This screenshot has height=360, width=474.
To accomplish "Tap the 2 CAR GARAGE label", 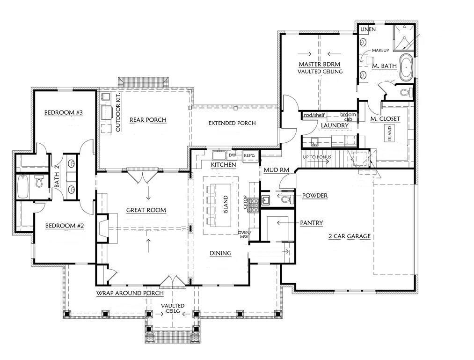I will point(349,236).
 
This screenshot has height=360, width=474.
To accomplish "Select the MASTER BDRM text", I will point(319,64).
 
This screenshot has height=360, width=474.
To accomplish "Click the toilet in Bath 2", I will point(39,182).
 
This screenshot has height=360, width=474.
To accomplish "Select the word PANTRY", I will point(312,223).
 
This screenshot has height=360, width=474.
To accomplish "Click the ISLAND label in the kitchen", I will point(226,204).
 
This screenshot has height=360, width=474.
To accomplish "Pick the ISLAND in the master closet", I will point(389,135).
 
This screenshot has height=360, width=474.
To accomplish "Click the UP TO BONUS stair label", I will point(317,157).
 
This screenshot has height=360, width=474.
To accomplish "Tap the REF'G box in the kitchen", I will point(248,155).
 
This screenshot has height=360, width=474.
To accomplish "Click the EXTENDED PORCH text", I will point(232,123).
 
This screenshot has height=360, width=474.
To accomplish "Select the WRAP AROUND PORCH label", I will point(130,293).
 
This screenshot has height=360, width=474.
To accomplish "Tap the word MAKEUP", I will point(380,50).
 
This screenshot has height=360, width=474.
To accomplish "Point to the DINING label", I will point(220,253).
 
